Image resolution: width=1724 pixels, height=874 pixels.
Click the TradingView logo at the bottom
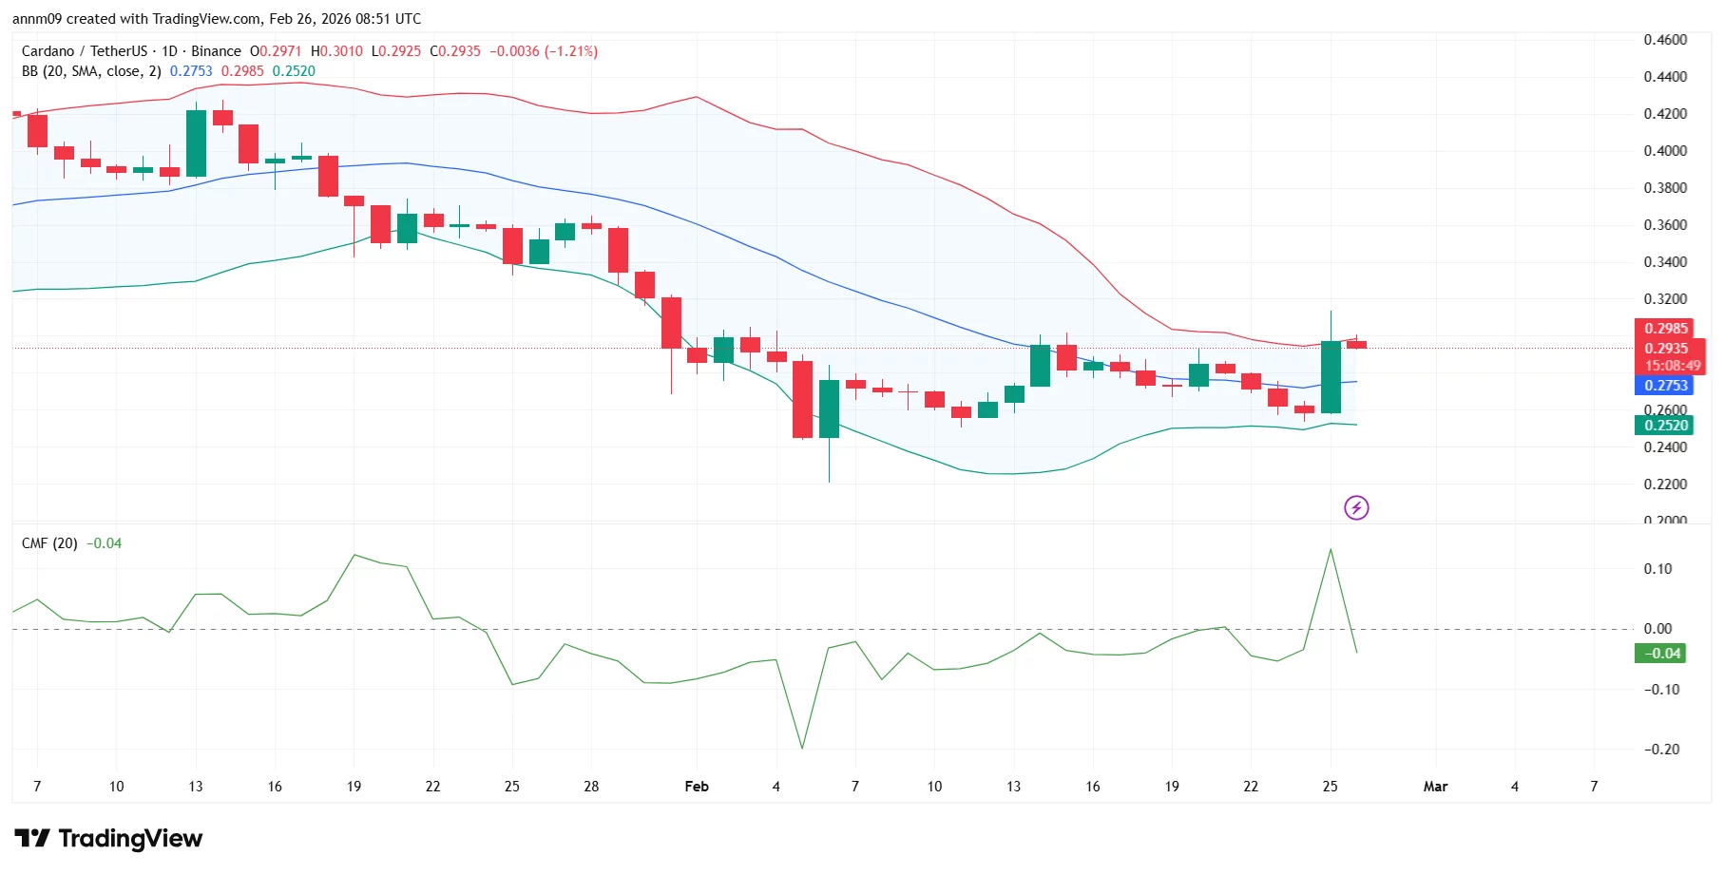click(108, 838)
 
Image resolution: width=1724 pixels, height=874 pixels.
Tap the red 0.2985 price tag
click(1665, 329)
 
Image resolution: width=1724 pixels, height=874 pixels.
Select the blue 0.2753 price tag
click(1665, 385)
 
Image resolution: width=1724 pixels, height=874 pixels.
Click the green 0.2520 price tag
click(1665, 426)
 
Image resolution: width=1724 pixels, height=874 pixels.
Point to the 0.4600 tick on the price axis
click(1665, 40)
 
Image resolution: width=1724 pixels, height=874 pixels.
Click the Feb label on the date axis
click(697, 787)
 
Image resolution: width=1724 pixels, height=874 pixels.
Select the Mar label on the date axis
click(1435, 787)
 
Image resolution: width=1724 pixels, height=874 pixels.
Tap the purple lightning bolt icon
click(1356, 508)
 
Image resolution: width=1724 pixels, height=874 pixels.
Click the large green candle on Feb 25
click(1331, 377)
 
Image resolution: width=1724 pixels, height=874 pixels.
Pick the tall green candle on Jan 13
click(196, 143)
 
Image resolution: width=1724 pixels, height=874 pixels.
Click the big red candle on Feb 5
click(802, 399)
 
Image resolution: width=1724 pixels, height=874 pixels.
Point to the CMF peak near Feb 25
click(1331, 550)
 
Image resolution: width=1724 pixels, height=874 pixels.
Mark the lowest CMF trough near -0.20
click(802, 748)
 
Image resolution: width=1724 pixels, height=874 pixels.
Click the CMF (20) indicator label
click(49, 543)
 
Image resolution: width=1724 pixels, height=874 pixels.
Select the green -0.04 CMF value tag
click(1659, 654)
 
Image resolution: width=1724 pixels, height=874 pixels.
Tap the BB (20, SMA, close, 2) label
click(91, 71)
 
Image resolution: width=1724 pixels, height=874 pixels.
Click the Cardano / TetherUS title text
click(85, 51)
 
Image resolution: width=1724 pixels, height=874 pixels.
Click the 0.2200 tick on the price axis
click(1665, 484)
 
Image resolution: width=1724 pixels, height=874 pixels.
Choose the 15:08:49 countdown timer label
click(1673, 366)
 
